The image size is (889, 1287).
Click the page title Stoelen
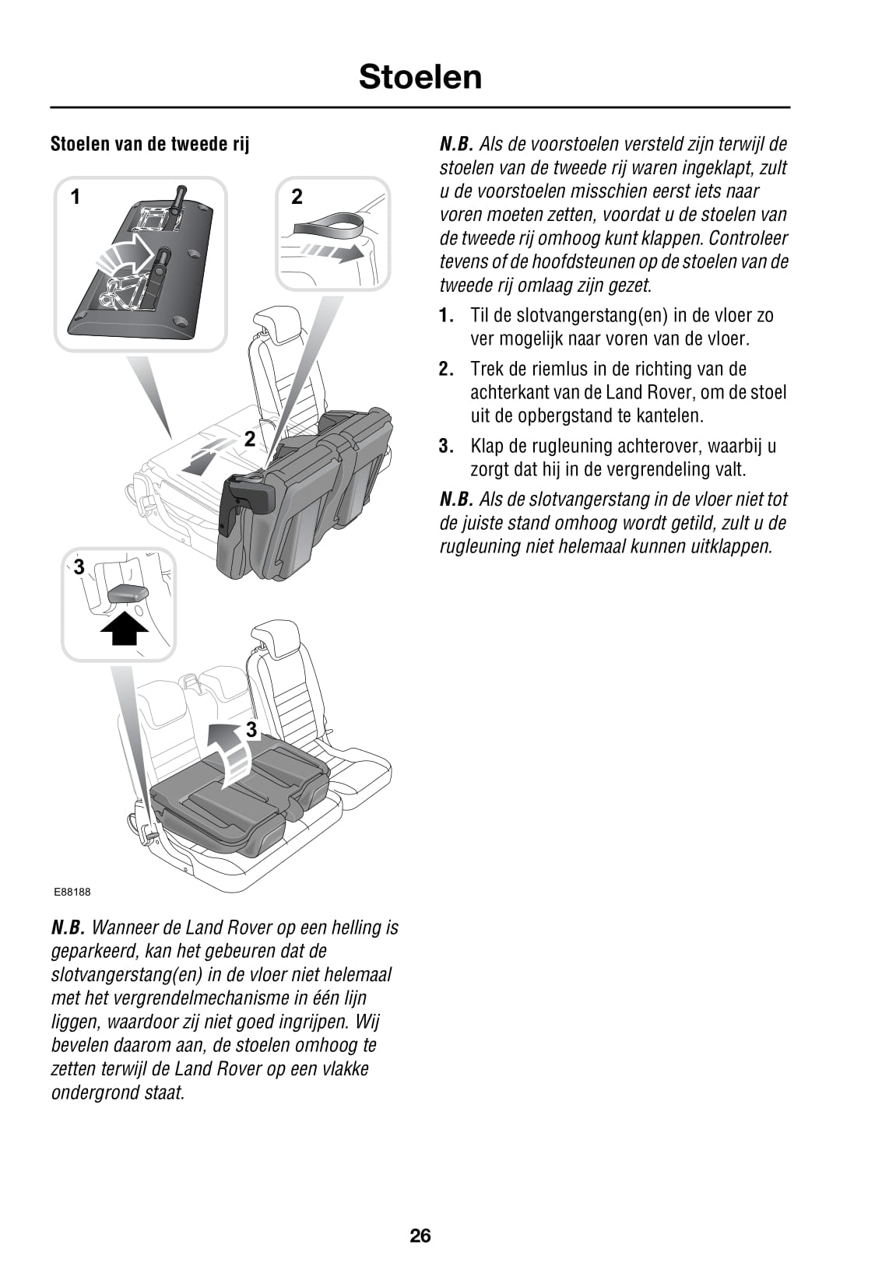420,77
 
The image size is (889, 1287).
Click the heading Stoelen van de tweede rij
149,144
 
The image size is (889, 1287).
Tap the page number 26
420,1235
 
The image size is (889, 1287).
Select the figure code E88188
72,892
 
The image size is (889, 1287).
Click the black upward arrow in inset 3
125,628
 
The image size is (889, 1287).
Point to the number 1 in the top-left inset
76,198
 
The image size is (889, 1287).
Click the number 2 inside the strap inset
297,197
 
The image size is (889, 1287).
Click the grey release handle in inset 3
127,594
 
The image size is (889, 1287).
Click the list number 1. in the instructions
445,316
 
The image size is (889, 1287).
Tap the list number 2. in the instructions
445,370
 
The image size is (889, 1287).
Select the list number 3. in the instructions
445,447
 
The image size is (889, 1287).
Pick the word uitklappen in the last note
731,546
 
